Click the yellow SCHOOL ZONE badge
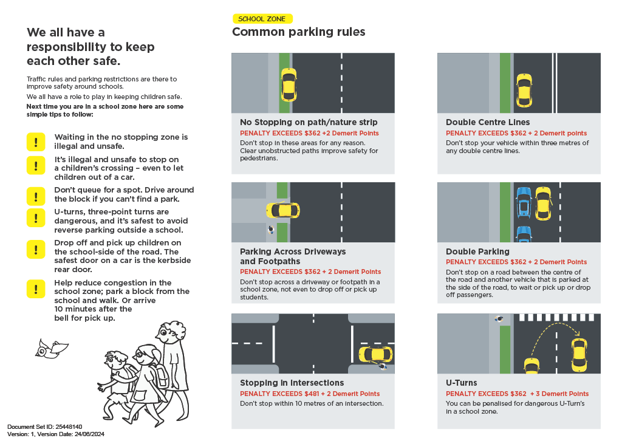262,19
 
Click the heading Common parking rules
298,32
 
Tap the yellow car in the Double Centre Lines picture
523,89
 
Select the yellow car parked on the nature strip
289,84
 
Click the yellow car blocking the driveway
282,210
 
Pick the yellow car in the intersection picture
375,354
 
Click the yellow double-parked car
542,203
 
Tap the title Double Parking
477,251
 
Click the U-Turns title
462,383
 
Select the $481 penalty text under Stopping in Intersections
310,394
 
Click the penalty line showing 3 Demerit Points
517,394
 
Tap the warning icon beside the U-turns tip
36,217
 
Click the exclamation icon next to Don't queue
36,195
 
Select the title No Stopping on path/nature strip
309,122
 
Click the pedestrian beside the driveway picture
270,231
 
